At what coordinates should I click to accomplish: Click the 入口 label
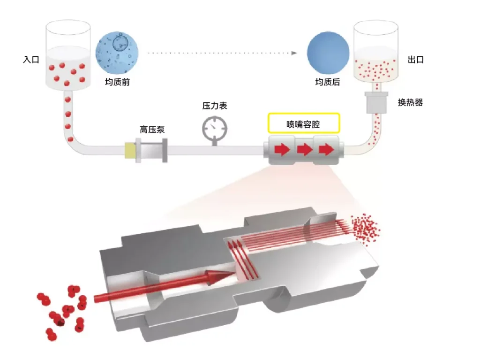[x=31, y=61]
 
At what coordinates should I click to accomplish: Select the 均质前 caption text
[x=117, y=83]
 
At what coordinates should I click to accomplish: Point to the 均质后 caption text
[x=327, y=83]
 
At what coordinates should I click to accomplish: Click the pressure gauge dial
[x=214, y=127]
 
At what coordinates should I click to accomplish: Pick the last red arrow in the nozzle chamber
[x=326, y=150]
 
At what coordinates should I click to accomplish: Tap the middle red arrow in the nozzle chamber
[x=305, y=150]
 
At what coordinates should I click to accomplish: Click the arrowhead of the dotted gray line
[x=294, y=53]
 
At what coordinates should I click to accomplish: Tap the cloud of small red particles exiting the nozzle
[x=366, y=228]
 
